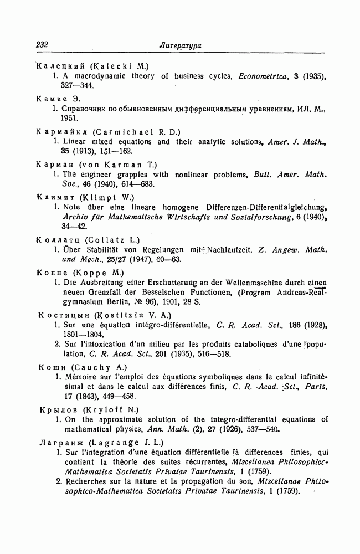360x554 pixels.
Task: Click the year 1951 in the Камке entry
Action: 70,118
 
